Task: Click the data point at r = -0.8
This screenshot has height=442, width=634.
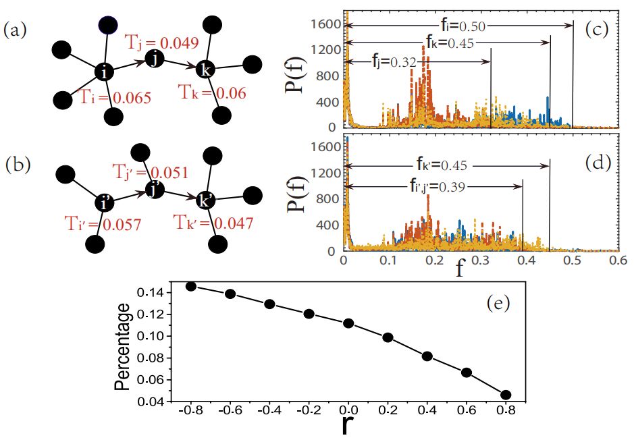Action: click(x=191, y=286)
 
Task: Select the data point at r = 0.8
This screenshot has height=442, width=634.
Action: click(x=506, y=395)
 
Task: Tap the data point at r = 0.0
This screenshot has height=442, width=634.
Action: click(x=348, y=323)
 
